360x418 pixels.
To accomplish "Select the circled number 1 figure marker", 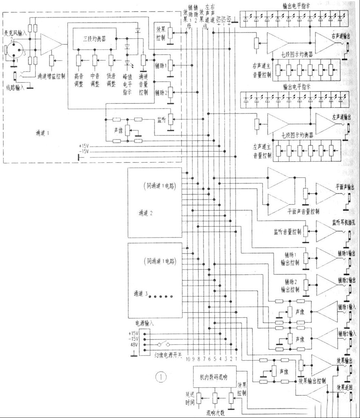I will coord(161,377).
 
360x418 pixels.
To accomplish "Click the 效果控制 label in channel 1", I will coord(160,32).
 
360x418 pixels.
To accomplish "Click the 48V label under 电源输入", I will coord(133,344).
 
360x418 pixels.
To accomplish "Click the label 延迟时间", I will coord(190,399).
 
